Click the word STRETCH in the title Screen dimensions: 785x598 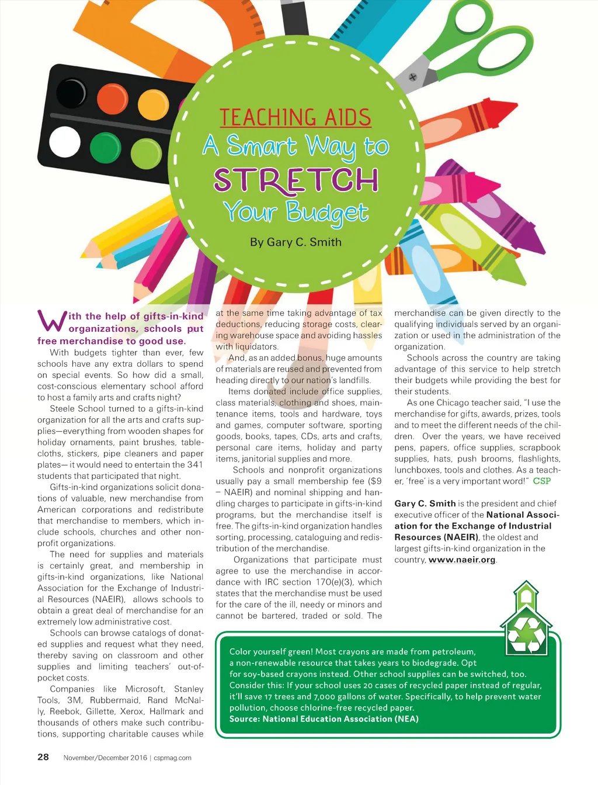click(296, 179)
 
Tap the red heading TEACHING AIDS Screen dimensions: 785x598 click(295, 117)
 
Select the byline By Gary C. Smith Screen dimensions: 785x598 click(295, 242)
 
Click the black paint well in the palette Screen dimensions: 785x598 click(71, 93)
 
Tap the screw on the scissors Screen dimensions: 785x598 click(412, 77)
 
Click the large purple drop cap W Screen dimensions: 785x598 click(51, 321)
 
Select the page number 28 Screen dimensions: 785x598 click(43, 757)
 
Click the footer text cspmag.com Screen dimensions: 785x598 click(173, 758)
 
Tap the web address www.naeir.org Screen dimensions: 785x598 click(462, 560)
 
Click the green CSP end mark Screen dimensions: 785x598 click(542, 481)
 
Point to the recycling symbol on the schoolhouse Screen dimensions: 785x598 click(526, 634)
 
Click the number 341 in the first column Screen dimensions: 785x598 click(194, 464)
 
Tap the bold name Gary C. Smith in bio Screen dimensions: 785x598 click(425, 503)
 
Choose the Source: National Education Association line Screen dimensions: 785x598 click(324, 718)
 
